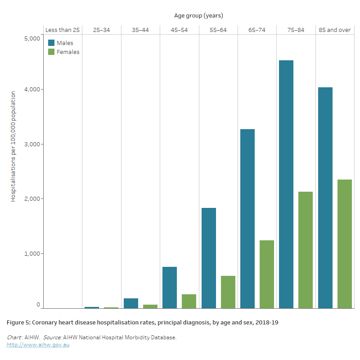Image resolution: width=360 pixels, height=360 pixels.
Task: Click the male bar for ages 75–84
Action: tap(286, 184)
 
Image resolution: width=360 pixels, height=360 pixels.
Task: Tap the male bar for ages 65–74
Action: tap(247, 219)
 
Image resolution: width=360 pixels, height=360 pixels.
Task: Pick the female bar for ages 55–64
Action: tap(228, 292)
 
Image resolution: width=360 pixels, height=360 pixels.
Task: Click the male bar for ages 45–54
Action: tap(170, 288)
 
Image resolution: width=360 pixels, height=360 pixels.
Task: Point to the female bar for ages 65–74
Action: tap(267, 274)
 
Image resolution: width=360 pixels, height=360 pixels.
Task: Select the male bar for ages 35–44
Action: tap(131, 303)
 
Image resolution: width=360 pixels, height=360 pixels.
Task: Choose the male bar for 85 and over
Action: tap(325, 198)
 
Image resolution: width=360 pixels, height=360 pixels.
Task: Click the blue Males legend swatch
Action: tap(51, 43)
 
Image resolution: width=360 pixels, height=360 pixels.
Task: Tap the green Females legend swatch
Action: tap(51, 52)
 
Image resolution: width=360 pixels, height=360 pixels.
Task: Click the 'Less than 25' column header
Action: tap(63, 30)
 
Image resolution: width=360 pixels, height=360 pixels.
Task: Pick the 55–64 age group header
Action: tap(218, 30)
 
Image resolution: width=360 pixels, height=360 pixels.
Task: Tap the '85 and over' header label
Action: tap(334, 30)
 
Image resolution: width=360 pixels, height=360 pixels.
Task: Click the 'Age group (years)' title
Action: tap(198, 16)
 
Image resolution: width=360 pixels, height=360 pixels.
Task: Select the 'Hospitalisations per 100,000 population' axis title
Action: tap(13, 146)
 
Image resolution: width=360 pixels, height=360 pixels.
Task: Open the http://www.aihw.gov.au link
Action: tap(38, 345)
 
